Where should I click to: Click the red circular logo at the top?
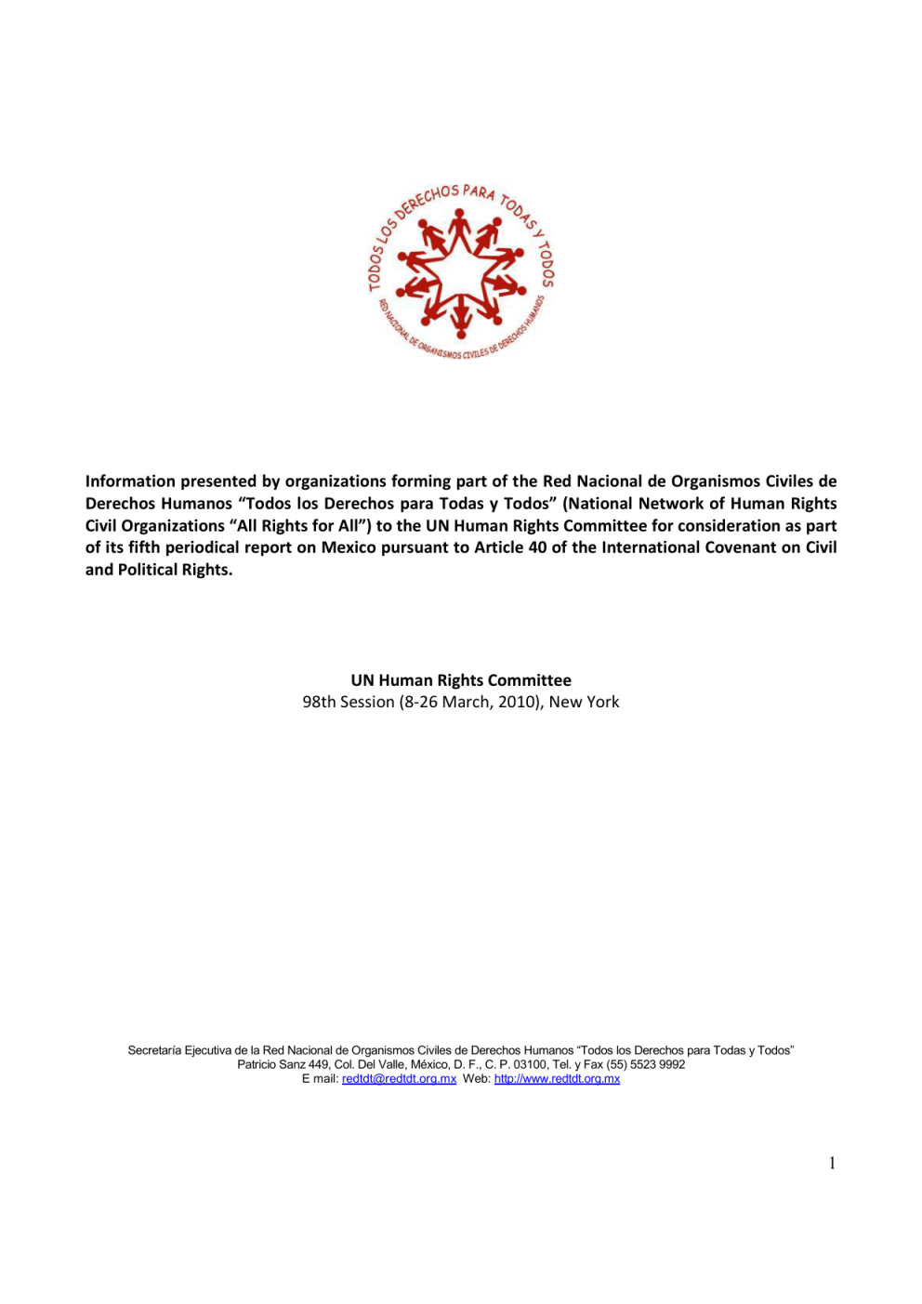click(x=461, y=272)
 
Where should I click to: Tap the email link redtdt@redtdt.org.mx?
click(x=399, y=1079)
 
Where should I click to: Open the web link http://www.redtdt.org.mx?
click(x=557, y=1079)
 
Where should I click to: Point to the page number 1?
click(x=832, y=1163)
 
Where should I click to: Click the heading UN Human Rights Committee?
click(x=461, y=680)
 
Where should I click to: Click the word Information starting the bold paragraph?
click(x=130, y=481)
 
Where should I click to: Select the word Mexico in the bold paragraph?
click(x=349, y=547)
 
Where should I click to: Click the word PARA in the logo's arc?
click(x=479, y=192)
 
